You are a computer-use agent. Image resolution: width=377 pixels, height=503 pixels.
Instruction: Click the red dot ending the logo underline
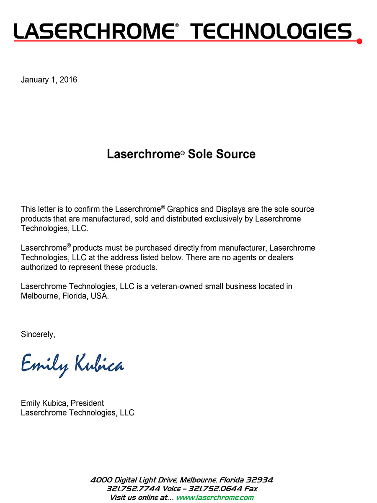coord(359,41)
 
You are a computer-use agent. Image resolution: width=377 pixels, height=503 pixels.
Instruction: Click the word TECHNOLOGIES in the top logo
coord(271,31)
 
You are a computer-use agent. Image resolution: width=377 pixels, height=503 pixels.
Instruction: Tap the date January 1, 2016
coord(49,80)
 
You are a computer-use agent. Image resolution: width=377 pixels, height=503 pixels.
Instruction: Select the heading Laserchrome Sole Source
coord(181,154)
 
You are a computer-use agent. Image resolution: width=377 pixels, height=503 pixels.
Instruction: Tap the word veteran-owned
coord(178,287)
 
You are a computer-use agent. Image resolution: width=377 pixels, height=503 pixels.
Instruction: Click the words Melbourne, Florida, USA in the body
coord(65,296)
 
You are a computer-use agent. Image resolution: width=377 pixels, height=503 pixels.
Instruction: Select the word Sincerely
coord(38,334)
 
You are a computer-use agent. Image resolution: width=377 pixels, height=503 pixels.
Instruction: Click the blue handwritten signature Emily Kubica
coord(72,364)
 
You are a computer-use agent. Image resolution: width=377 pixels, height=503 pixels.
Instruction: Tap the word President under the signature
coord(87,403)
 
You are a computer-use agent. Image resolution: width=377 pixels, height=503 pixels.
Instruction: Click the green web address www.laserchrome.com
coord(215,498)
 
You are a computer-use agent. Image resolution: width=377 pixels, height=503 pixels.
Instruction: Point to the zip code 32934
coord(260,480)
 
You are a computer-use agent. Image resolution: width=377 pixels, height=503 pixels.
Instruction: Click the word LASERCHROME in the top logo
coord(93,31)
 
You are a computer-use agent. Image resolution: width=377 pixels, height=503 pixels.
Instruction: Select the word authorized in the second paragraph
coord(41,267)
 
